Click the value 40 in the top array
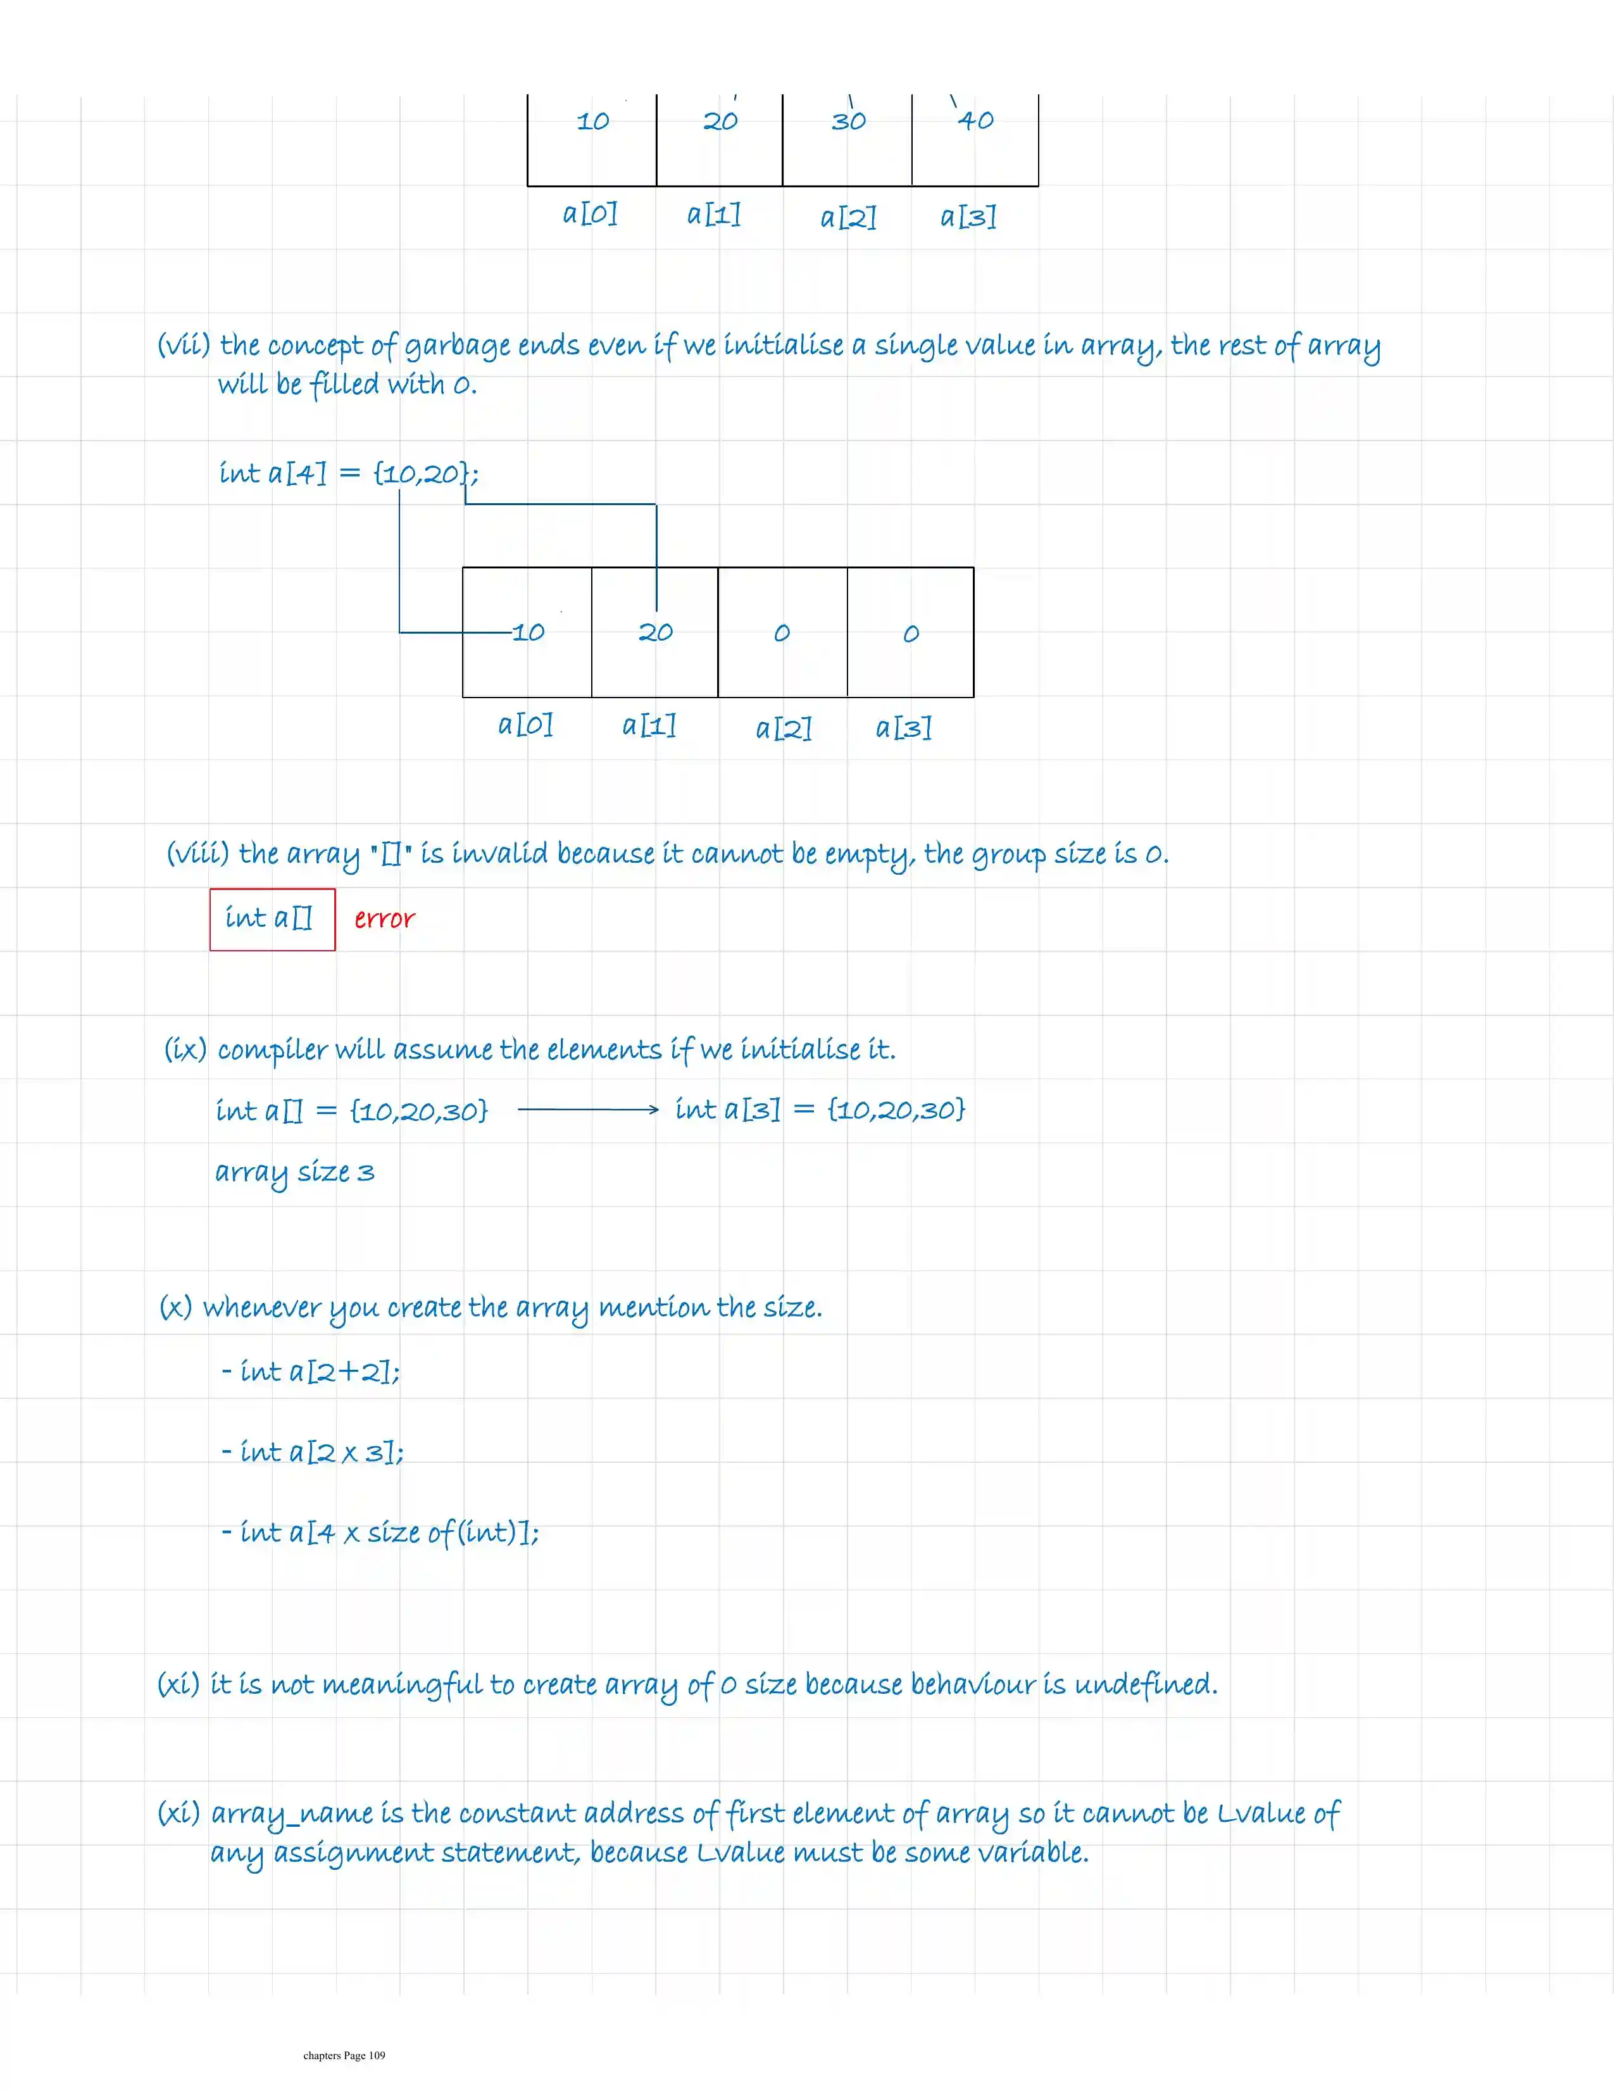(x=976, y=121)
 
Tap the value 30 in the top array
(x=849, y=121)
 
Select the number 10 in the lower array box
(x=528, y=632)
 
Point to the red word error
(x=384, y=918)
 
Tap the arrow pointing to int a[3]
(x=588, y=1109)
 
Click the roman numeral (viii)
(x=197, y=853)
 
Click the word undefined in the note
(x=1146, y=1684)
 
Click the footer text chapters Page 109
(x=344, y=2055)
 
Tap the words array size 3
(x=294, y=1172)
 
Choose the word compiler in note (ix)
(x=272, y=1050)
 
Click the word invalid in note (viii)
(x=499, y=853)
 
